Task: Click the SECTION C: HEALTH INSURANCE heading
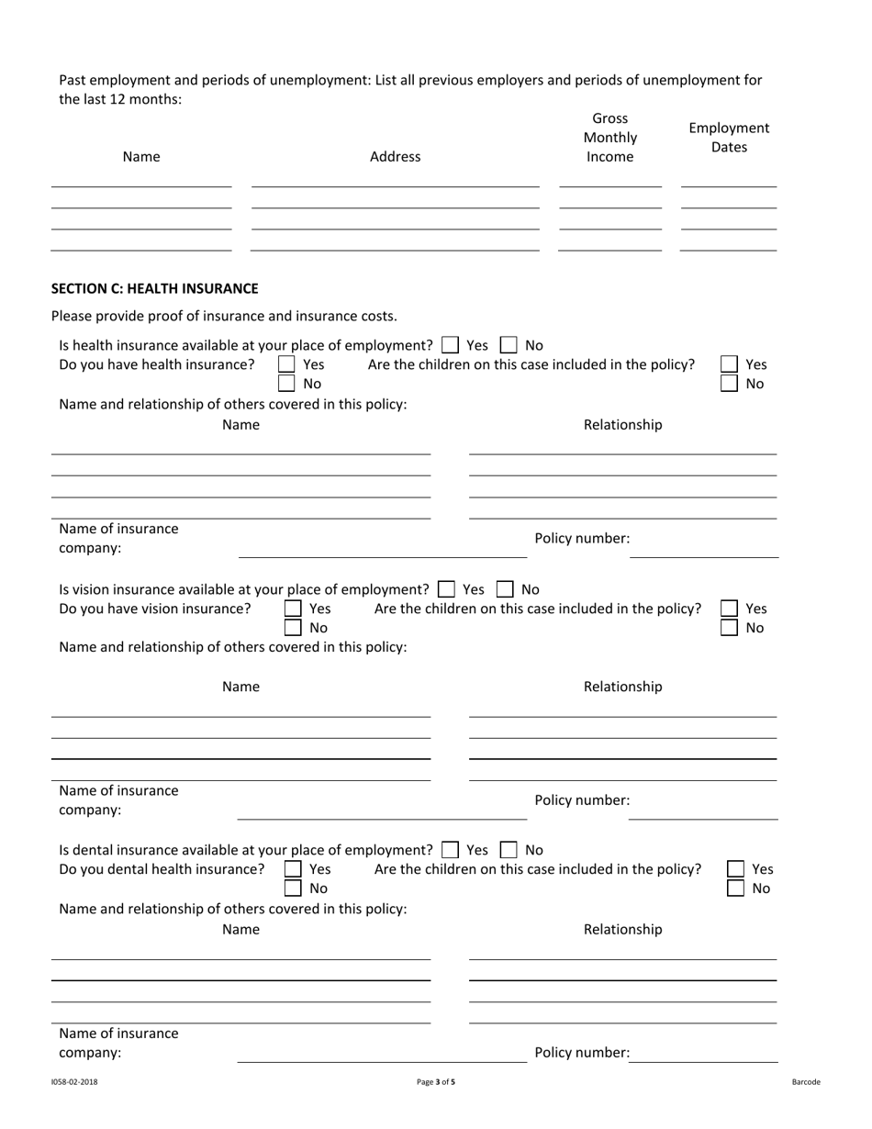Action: pyautogui.click(x=154, y=288)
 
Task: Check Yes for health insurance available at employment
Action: pyautogui.click(x=450, y=345)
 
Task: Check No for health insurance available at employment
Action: pyautogui.click(x=509, y=345)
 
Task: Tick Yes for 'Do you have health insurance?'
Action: pyautogui.click(x=286, y=364)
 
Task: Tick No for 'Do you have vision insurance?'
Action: pyautogui.click(x=293, y=628)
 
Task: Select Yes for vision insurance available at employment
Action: pyautogui.click(x=447, y=589)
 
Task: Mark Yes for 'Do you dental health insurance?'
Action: pyautogui.click(x=293, y=869)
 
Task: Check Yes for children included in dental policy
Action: pyautogui.click(x=735, y=869)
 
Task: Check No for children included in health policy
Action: pyautogui.click(x=729, y=384)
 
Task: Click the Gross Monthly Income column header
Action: pyautogui.click(x=610, y=138)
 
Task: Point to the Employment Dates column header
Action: pyautogui.click(x=729, y=138)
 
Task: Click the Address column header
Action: pyautogui.click(x=395, y=157)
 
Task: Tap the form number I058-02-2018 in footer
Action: pyautogui.click(x=74, y=1082)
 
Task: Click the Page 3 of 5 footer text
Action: pyautogui.click(x=436, y=1082)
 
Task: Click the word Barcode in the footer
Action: pyautogui.click(x=806, y=1082)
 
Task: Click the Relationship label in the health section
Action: pyautogui.click(x=622, y=425)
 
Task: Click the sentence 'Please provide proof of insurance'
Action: pyautogui.click(x=224, y=316)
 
